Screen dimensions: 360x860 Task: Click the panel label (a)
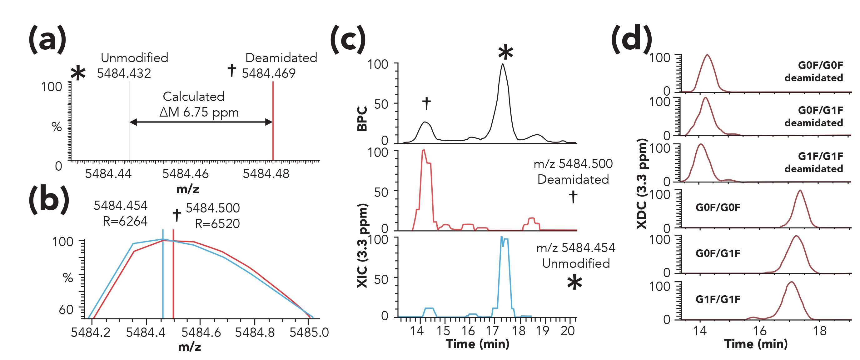coord(47,39)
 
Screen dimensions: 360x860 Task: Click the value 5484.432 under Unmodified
coord(124,73)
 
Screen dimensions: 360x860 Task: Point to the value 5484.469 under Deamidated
coord(269,73)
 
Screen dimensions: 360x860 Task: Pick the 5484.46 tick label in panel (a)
coord(185,174)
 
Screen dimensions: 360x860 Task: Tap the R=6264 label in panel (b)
coord(125,221)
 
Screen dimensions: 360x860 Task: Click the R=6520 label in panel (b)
coord(217,223)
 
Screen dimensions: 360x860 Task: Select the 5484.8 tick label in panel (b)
coord(255,332)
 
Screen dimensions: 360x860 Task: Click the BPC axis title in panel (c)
coord(362,118)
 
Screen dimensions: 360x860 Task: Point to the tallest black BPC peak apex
coord(502,64)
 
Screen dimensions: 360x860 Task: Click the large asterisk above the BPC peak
coord(505,52)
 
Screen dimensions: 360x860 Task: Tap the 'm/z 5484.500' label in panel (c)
coord(573,164)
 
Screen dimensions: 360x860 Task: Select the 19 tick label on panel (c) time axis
coord(543,331)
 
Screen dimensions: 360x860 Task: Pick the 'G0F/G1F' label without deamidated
coord(718,253)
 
